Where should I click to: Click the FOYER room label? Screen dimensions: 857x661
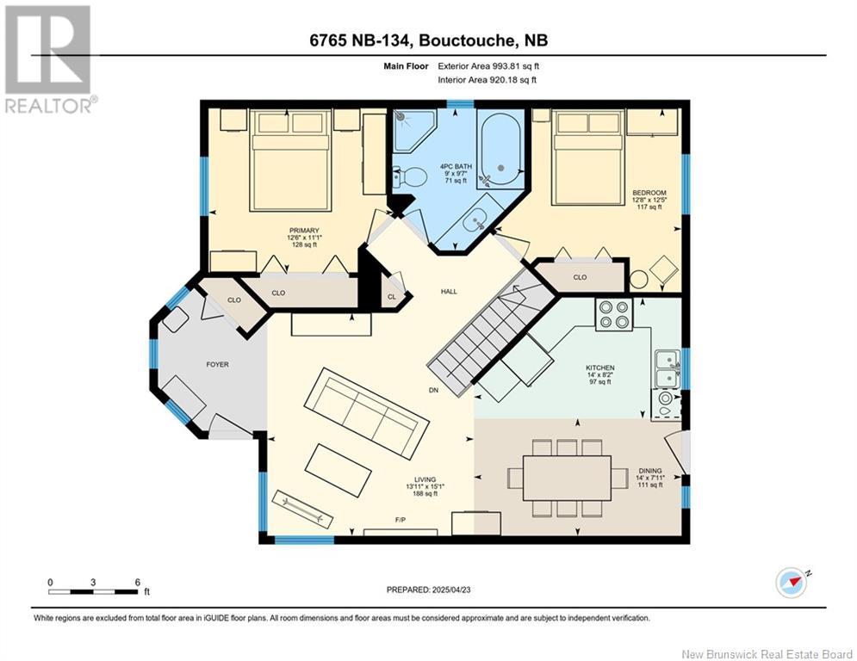(x=217, y=364)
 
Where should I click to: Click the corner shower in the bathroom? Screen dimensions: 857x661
(x=413, y=130)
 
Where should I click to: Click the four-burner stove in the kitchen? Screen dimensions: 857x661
(x=614, y=314)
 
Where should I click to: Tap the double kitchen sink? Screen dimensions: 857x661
(x=668, y=368)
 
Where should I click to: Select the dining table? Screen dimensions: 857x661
(x=567, y=478)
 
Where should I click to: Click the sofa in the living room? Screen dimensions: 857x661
(x=366, y=413)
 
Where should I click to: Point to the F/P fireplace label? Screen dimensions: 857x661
(x=401, y=520)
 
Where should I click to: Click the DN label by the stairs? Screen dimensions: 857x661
(x=433, y=390)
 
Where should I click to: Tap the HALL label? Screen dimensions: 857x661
(x=449, y=291)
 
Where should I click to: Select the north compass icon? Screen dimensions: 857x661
(x=791, y=583)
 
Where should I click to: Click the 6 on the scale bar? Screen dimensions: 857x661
(x=137, y=583)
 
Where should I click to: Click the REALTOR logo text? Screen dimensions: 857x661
(x=51, y=105)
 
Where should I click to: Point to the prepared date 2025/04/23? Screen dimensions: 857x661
(x=451, y=590)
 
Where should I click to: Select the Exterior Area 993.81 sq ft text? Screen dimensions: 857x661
(x=488, y=66)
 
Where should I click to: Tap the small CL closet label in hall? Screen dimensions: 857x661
(x=392, y=297)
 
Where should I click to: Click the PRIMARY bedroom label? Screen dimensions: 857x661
(x=304, y=231)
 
